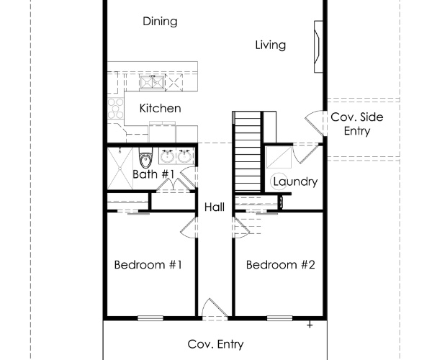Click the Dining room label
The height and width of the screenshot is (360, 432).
(160, 22)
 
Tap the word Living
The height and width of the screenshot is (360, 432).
(270, 45)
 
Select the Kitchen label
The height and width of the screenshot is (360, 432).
(160, 108)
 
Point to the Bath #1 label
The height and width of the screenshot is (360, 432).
(153, 174)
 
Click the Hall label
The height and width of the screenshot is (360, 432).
(215, 207)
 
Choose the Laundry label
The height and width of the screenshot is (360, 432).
(295, 181)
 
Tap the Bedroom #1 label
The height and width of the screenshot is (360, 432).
(148, 265)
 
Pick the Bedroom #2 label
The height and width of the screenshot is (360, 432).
(281, 265)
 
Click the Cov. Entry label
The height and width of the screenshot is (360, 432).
(215, 344)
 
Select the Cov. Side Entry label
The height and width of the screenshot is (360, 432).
(357, 124)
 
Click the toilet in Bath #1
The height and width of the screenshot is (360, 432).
(145, 158)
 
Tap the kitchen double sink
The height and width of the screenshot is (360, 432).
(152, 82)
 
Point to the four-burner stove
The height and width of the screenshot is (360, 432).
(116, 109)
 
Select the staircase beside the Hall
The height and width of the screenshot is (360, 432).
(247, 151)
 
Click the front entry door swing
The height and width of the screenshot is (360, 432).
(215, 309)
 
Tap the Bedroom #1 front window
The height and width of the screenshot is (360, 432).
(150, 318)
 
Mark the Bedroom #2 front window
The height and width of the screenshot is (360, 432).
(279, 318)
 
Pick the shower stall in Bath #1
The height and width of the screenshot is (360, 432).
(120, 168)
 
